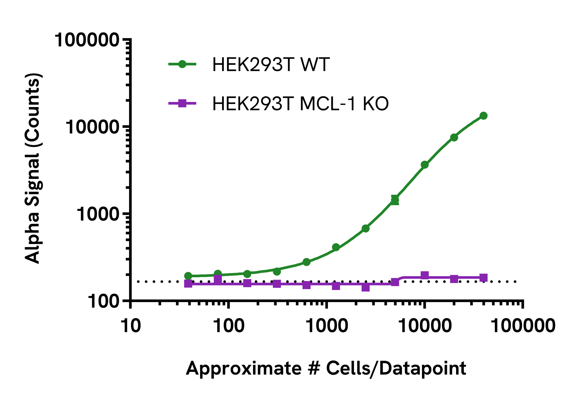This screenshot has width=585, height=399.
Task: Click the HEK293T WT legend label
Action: [271, 64]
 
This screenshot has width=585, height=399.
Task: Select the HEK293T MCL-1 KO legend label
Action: [300, 104]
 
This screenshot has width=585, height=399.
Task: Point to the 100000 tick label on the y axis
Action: [87, 40]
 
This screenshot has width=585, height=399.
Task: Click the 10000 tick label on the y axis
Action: [92, 127]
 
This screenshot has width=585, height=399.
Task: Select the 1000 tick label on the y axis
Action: [98, 215]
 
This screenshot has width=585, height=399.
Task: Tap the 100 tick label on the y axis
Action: [104, 302]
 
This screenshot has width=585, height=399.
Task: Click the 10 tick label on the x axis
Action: [131, 326]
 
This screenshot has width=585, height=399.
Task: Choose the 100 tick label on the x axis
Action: [229, 326]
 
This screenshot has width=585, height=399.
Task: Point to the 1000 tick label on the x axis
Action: [327, 326]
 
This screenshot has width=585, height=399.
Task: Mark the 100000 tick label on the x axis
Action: [523, 326]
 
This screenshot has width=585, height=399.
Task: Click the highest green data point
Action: [483, 116]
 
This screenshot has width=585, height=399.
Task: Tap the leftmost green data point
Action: [188, 276]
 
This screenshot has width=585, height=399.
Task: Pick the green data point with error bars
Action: [395, 200]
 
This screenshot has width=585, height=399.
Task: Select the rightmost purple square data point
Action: [483, 278]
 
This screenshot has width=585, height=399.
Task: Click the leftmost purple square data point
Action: [188, 283]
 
